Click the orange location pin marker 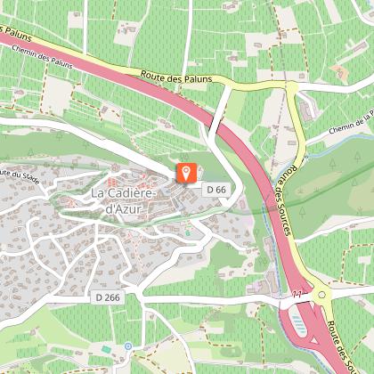[x=185, y=174]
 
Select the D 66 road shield [x=215, y=190]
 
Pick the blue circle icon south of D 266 [x=127, y=345]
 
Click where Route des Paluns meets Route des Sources [x=289, y=88]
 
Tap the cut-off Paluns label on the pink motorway [x=20, y=36]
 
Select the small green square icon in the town [x=187, y=233]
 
